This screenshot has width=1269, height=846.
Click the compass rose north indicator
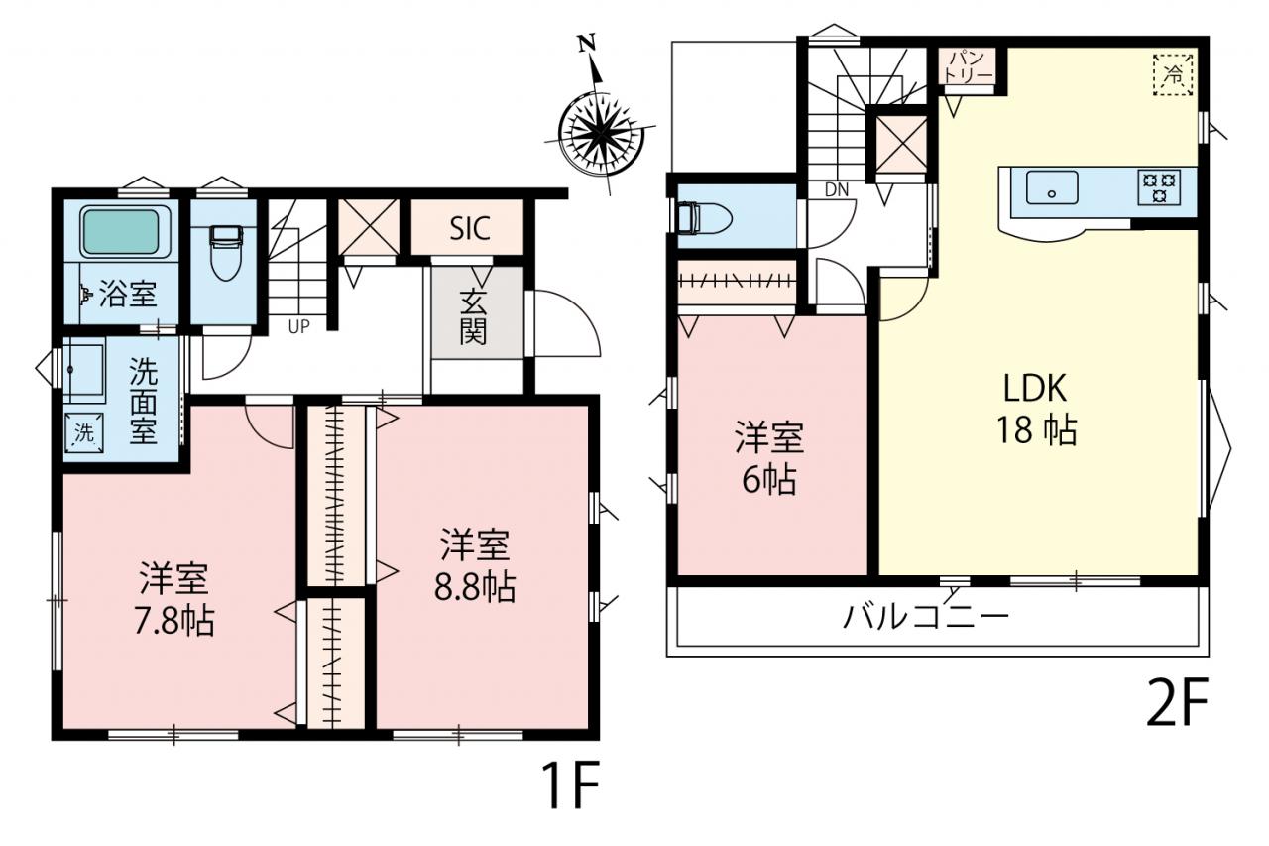click(x=588, y=43)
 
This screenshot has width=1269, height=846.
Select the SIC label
click(x=470, y=228)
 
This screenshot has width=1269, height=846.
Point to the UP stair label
click(x=298, y=327)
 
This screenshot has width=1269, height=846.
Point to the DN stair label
click(x=836, y=189)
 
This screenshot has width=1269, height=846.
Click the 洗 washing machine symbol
click(x=84, y=432)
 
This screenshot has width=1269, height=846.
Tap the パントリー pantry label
click(x=969, y=66)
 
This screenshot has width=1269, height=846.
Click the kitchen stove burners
click(x=1160, y=187)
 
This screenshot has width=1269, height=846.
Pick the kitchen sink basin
click(x=1052, y=187)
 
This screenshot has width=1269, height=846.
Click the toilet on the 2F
click(x=703, y=218)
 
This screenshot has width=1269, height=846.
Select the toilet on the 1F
click(x=226, y=253)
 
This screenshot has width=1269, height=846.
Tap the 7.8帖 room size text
click(x=173, y=622)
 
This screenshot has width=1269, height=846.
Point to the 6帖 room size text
click(x=769, y=480)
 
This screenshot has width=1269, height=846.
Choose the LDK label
click(x=1035, y=389)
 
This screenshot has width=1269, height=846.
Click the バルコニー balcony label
click(x=926, y=616)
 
